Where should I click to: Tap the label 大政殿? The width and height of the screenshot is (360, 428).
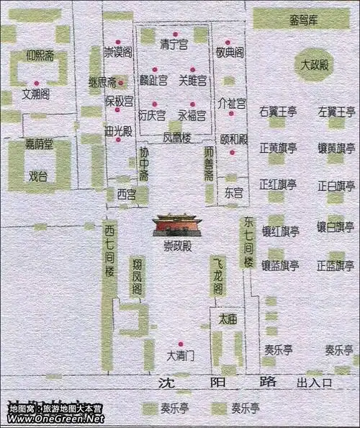[x=315, y=66]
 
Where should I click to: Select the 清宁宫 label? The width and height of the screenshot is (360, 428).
[x=174, y=45]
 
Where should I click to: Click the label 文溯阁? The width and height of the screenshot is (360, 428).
[x=35, y=93]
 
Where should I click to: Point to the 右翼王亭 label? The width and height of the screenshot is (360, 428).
[x=279, y=112]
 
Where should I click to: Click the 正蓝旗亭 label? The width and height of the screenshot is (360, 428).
[x=336, y=265]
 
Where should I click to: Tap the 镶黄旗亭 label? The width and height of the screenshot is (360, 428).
[x=336, y=148]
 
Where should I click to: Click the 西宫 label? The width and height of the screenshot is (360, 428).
[x=126, y=193]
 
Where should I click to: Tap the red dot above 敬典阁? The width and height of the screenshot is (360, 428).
[x=228, y=43]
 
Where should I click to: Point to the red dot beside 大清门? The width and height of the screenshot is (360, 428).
[x=181, y=344]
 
